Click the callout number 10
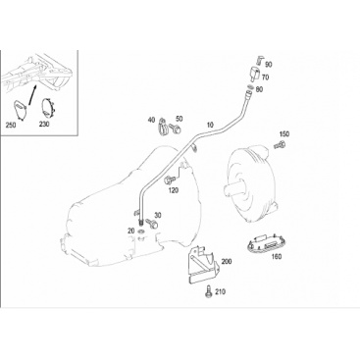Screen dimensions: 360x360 [210, 125]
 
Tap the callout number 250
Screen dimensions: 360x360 [11, 125]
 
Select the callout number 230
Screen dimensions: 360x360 [44, 125]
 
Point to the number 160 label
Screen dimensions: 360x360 [277, 256]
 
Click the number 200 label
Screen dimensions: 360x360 [226, 261]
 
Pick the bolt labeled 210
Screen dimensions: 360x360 [208, 291]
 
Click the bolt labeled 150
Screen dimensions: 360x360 [280, 144]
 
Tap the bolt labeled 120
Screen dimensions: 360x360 [171, 180]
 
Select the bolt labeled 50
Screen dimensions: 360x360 [177, 129]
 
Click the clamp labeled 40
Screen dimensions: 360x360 [163, 127]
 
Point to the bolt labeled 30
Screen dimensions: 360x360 [152, 224]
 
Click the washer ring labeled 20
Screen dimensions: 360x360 [141, 232]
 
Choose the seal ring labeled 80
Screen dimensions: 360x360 [249, 87]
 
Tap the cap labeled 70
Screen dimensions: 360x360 [254, 74]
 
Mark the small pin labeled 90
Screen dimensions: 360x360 [259, 60]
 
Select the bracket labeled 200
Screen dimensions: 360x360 [202, 264]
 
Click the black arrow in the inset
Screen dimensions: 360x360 [32, 95]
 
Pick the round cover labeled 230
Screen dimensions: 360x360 [48, 107]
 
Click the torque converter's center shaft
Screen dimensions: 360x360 [232, 189]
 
